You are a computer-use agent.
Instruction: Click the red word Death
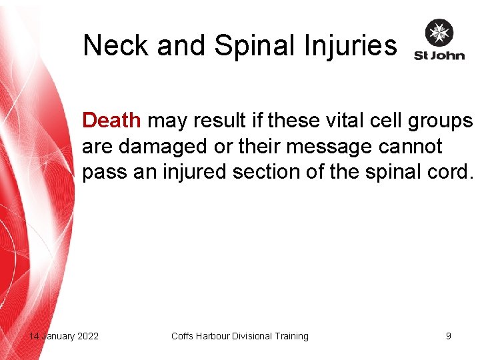point(111,121)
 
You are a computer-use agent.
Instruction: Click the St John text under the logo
point(439,55)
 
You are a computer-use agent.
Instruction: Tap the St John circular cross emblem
point(439,33)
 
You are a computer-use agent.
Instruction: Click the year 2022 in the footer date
point(87,336)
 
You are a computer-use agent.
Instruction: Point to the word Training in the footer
point(291,336)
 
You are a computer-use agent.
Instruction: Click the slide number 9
point(449,336)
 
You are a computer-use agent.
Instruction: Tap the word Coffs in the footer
point(183,336)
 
